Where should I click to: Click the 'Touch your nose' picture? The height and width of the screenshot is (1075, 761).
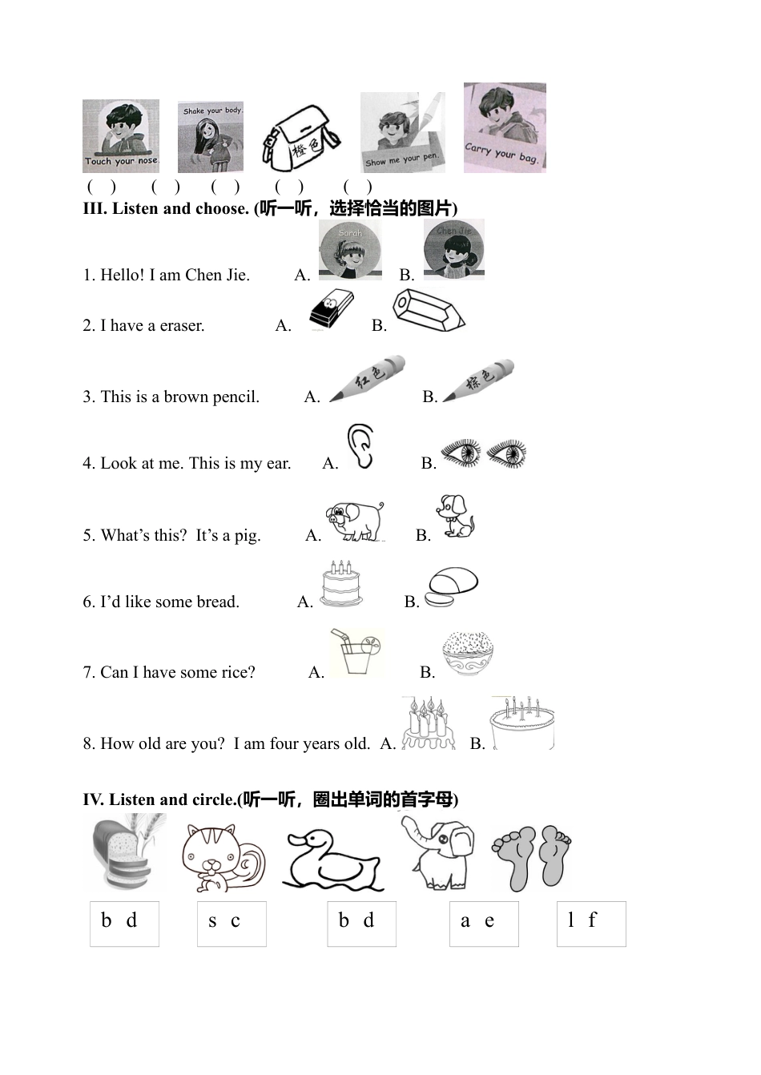coord(121,135)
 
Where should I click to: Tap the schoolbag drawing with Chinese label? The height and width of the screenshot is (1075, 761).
coord(301,139)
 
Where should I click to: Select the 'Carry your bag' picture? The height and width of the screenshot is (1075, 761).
coord(505,127)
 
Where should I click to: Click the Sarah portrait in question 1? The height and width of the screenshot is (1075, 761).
coord(350,249)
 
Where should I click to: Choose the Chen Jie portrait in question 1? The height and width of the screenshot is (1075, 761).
coord(454,249)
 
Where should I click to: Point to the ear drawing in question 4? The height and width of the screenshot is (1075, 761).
coord(360,446)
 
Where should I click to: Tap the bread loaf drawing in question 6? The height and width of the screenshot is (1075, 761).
coord(450,587)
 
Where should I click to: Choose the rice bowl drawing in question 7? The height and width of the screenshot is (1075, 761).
coord(468,654)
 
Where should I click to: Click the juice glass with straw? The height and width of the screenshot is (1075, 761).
coord(357,653)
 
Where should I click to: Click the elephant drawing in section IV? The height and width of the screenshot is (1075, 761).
coord(437,853)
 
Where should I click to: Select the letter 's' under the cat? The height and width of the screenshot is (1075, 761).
coord(212,922)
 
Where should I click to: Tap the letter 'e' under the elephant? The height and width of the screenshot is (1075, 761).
coord(489,921)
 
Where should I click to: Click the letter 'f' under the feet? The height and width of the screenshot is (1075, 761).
coord(592,920)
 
